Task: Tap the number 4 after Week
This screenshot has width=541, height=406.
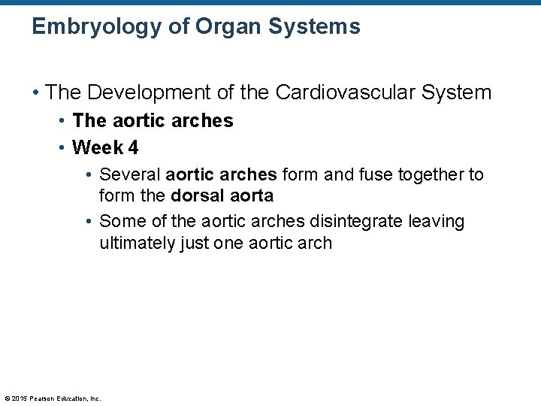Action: [134, 147]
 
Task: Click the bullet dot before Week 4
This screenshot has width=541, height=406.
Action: [62, 147]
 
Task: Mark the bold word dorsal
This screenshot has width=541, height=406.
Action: [197, 196]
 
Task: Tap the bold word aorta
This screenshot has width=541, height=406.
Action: [250, 196]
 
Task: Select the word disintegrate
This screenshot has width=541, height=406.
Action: [357, 221]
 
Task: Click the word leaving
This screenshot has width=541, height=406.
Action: [437, 221]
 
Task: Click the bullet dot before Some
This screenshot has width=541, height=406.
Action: [89, 222]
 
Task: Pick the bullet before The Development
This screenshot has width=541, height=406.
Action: [35, 93]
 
